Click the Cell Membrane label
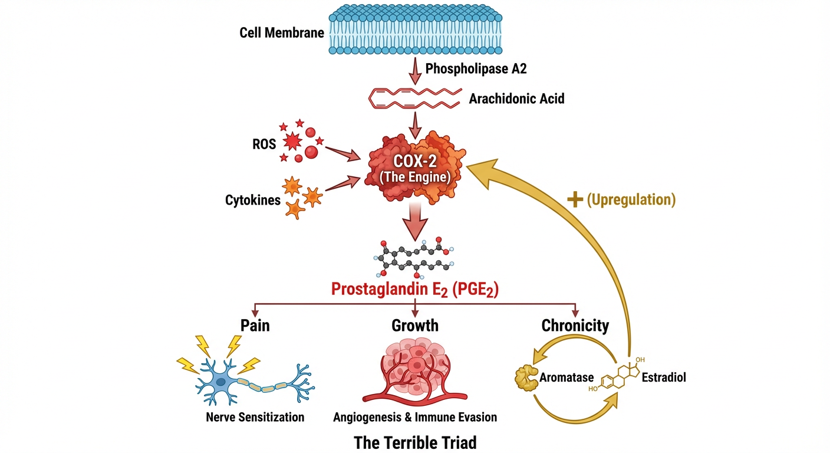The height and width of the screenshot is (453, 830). click(x=282, y=32)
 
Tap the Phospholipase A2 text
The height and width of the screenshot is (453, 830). click(x=476, y=69)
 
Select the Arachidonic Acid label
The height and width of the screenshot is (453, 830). click(x=516, y=99)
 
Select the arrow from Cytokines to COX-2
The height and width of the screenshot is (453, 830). click(x=341, y=183)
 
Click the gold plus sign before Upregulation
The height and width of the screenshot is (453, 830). click(x=574, y=199)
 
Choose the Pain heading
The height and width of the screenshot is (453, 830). click(x=255, y=325)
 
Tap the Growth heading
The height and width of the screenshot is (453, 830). click(x=415, y=325)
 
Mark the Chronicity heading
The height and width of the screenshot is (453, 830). click(x=575, y=325)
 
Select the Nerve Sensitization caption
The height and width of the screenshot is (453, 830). click(x=255, y=417)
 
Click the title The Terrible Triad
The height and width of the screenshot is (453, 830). click(x=415, y=442)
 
